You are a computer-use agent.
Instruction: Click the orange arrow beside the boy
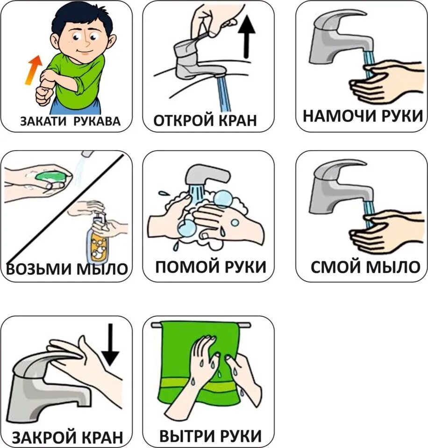[x=33, y=70]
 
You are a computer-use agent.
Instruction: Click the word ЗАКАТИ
[x=43, y=121]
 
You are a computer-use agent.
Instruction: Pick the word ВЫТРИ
[x=186, y=436]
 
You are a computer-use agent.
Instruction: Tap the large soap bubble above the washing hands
[x=222, y=199]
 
